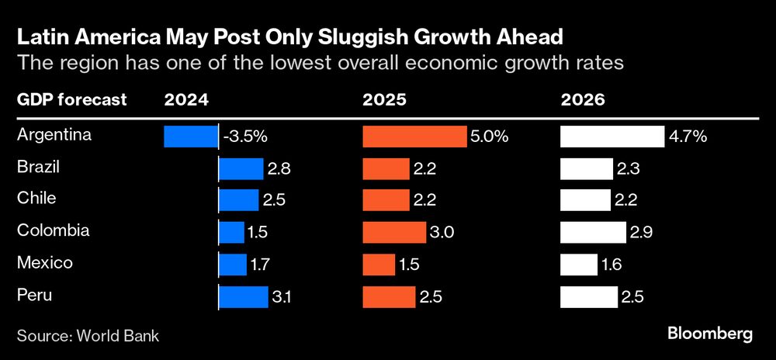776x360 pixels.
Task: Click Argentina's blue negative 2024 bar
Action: (191, 137)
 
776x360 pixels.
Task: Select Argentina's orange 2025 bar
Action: (414, 137)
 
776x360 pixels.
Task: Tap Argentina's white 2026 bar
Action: (612, 137)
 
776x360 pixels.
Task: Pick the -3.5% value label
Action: (245, 137)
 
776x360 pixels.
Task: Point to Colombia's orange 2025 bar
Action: (394, 232)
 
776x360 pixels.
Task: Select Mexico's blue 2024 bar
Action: (231, 264)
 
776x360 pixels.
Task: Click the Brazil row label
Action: (38, 167)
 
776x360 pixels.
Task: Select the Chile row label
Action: (36, 199)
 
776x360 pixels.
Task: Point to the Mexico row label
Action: (44, 262)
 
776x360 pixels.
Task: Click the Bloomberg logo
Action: (710, 334)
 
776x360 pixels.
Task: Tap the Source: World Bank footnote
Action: (88, 335)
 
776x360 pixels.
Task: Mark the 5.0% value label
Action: (490, 137)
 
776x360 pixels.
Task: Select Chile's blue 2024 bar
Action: (238, 200)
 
